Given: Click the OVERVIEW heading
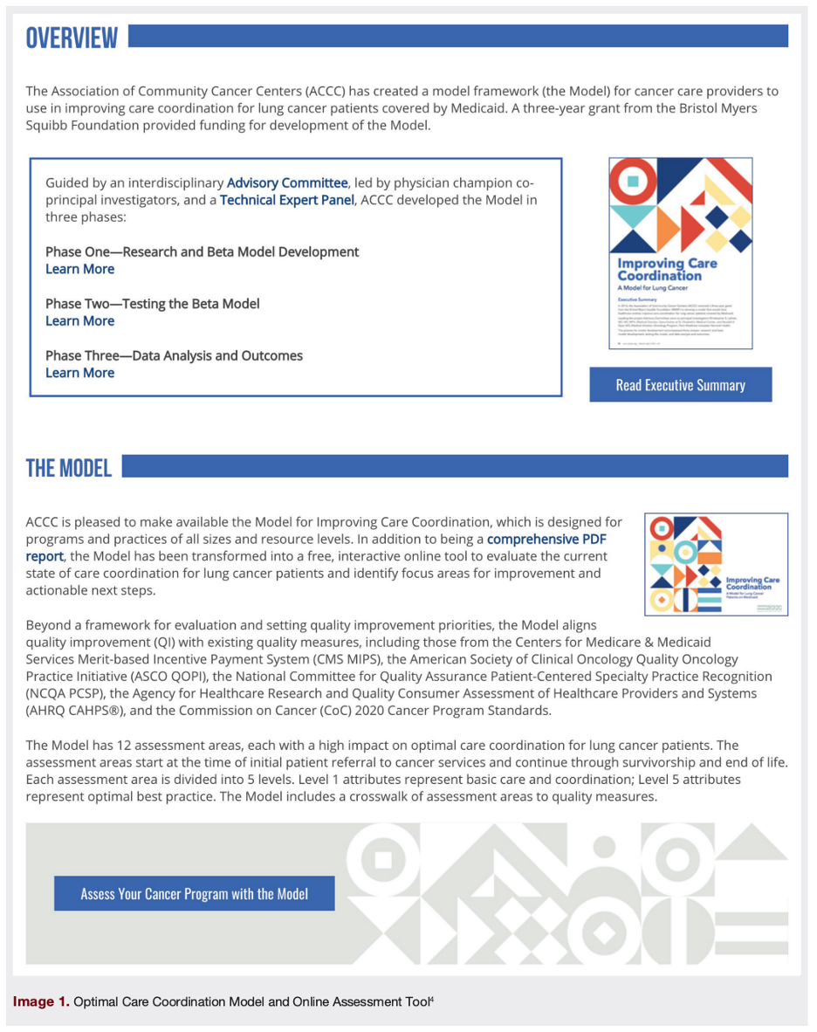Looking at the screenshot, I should (x=72, y=38).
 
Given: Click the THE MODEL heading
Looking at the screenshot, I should (x=69, y=468).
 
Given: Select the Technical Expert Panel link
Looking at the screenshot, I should (x=286, y=200).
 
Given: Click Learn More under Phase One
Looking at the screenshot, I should (x=79, y=269).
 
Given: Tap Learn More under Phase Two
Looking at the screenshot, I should (x=79, y=321).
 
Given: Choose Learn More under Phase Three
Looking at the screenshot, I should (x=79, y=373).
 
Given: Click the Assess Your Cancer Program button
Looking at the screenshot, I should (x=194, y=894).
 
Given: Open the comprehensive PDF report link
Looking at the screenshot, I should (x=546, y=540).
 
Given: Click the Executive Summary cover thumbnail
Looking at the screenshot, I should (x=680, y=253).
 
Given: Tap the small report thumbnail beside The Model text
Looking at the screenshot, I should (x=716, y=564).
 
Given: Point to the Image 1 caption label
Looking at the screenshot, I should (x=41, y=1001).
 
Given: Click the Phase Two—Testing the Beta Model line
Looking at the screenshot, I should (x=152, y=304).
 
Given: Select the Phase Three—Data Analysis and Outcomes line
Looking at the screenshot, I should (x=174, y=356).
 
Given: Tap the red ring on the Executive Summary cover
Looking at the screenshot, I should (x=632, y=182).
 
